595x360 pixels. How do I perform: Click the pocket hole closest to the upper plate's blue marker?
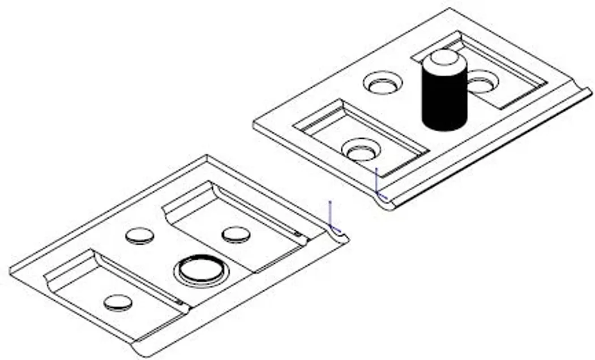(361, 150)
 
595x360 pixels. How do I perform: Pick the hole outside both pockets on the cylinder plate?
(383, 83)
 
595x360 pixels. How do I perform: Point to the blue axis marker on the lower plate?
(331, 218)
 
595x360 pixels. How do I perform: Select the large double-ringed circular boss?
(202, 270)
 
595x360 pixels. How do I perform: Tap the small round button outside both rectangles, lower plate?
(139, 235)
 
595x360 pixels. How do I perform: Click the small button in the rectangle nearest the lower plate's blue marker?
(236, 234)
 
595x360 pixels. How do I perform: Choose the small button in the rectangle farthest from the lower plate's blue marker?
(118, 302)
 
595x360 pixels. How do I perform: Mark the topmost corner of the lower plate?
(206, 156)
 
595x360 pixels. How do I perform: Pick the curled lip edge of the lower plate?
(238, 294)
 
